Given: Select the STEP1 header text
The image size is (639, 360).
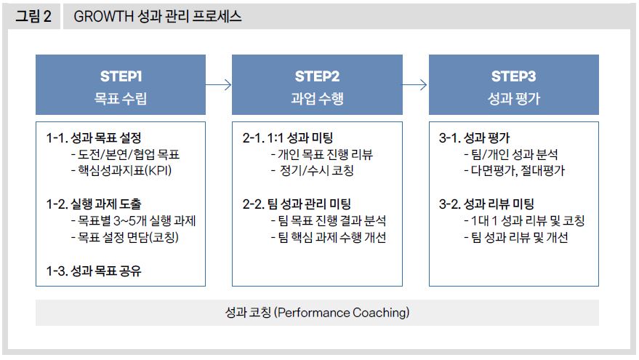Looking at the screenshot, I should pos(121,76).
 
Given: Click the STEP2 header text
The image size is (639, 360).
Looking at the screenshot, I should pos(317,76).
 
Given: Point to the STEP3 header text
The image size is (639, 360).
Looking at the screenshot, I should pos(513,76).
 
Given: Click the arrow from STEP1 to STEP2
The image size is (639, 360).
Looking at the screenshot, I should pos(219,85).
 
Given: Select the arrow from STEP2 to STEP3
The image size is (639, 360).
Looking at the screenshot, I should pos(415,85).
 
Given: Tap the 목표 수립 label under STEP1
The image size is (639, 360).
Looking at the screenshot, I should pos(121,98).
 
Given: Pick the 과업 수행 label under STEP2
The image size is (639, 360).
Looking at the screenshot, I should pos(317,98).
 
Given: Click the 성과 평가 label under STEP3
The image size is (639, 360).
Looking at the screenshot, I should pos(513,98).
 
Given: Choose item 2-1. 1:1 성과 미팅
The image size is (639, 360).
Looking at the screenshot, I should pos(287,137).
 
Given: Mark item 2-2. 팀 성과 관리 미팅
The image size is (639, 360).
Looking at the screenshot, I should pos(297,204).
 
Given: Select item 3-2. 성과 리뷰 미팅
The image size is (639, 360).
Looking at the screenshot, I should pos(486,204).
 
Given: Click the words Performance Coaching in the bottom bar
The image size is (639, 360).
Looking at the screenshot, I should pos(342,313).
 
